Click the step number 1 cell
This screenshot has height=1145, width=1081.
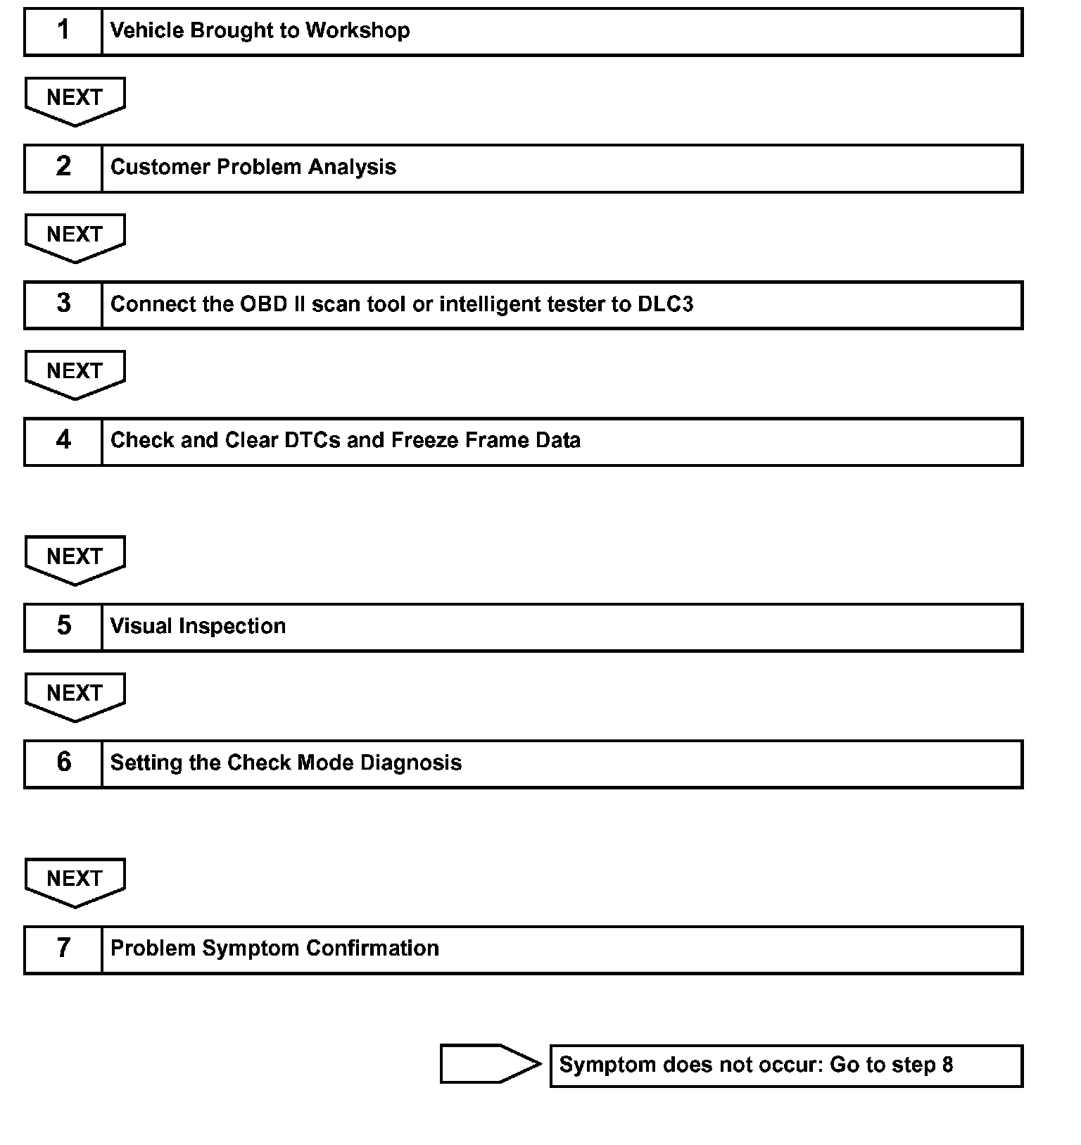click(x=63, y=32)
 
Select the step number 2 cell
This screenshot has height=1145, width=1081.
click(x=63, y=168)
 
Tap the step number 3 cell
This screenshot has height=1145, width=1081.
click(x=63, y=305)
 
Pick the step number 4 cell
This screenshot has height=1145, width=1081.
click(x=63, y=442)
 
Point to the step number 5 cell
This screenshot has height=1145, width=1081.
click(x=63, y=627)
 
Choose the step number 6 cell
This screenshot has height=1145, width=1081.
click(x=63, y=764)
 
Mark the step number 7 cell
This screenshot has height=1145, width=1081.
click(x=63, y=950)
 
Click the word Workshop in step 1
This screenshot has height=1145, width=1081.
click(x=358, y=30)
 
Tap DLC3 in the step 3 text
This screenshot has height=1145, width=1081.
click(x=665, y=304)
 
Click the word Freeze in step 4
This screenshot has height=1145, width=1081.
click(x=422, y=440)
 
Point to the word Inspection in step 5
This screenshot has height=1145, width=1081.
click(x=232, y=626)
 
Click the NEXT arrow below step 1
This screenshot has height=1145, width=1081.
click(x=75, y=99)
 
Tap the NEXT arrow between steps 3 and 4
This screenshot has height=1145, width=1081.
click(x=75, y=373)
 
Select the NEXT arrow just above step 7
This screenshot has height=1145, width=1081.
click(x=75, y=880)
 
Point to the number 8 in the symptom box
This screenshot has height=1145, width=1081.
click(x=947, y=1065)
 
